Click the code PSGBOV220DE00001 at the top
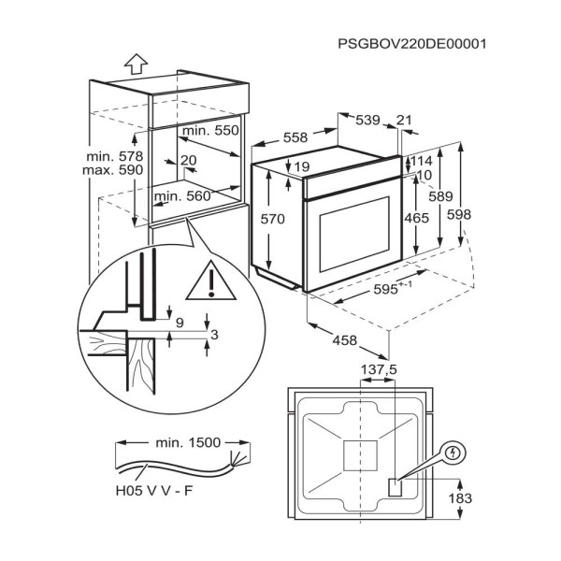coord(412,44)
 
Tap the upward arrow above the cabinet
coord(136,64)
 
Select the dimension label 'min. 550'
coord(210,131)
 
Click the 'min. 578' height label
coord(114,156)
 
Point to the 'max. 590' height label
coord(113,170)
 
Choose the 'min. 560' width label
coord(182,196)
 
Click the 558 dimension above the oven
coord(295,137)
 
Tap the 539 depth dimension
coord(367,120)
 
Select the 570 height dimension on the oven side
coord(273,219)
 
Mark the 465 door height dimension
coord(416,218)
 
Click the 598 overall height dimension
coord(459,215)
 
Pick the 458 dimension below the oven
coord(345,340)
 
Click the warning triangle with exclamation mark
coord(211,280)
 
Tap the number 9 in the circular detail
coord(180,324)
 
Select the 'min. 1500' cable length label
coord(188,443)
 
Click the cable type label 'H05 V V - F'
coord(154,491)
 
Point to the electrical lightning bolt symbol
coord(453,453)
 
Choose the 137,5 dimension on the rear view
coord(380,369)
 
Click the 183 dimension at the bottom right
coord(460,498)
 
